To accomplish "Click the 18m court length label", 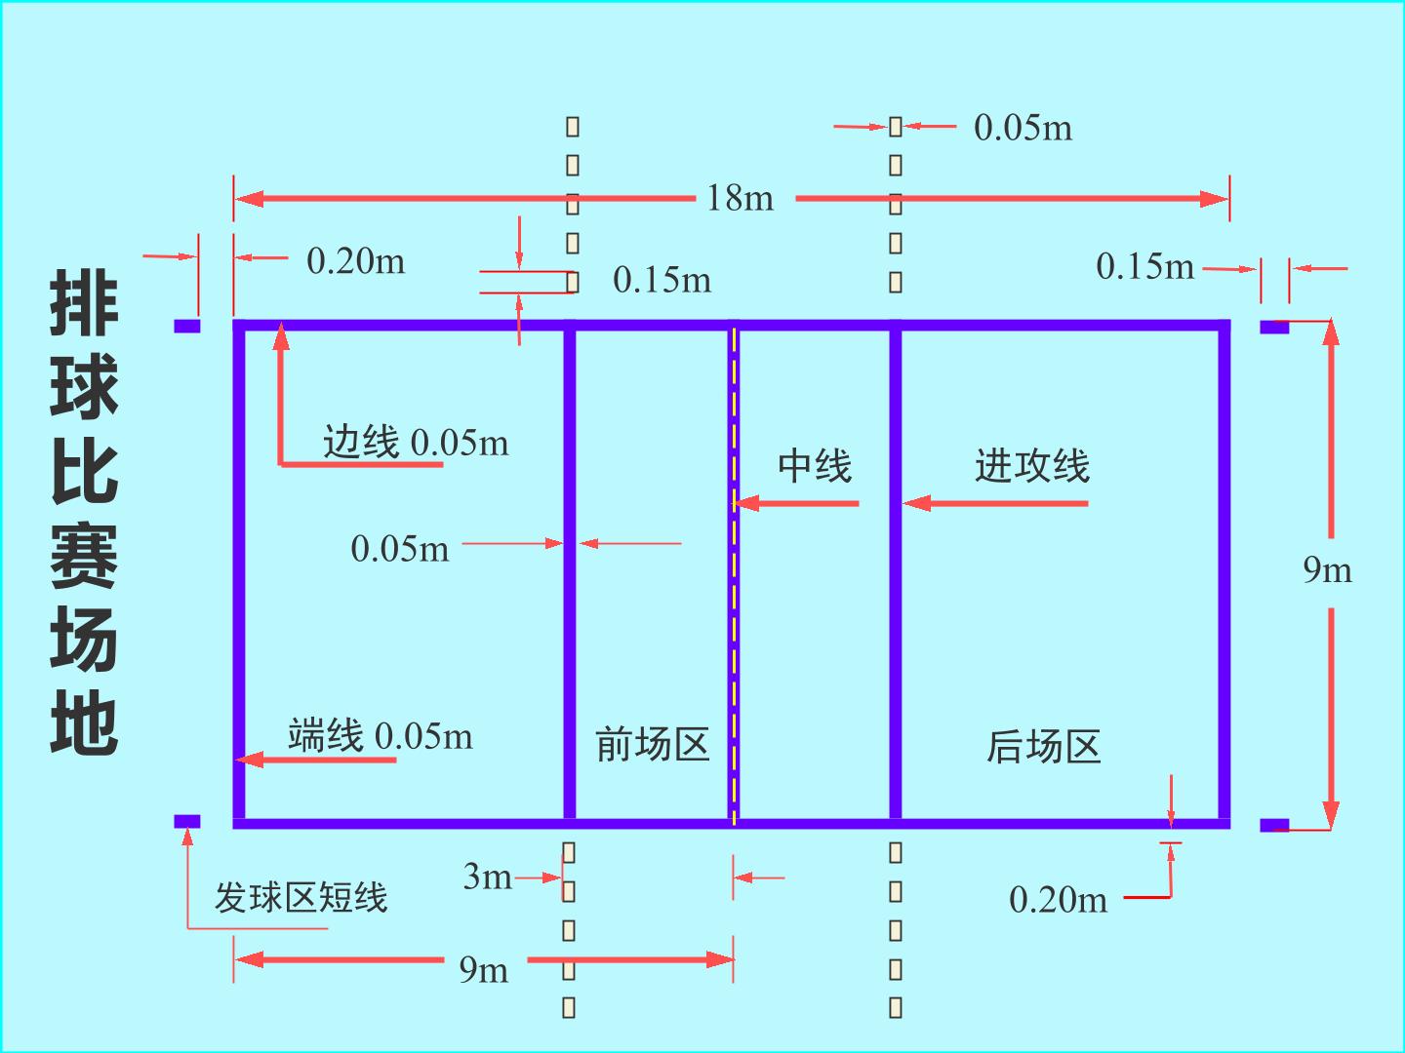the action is tap(741, 198).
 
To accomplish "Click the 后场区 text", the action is tap(1043, 746).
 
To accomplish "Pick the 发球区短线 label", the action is tap(301, 897).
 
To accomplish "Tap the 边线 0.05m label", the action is tap(416, 442).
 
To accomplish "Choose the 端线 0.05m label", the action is tap(381, 735).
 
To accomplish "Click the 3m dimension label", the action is tap(488, 877).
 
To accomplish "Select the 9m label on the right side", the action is tap(1328, 569).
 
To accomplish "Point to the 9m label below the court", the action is tap(484, 970).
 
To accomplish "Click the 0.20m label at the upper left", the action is tap(356, 261).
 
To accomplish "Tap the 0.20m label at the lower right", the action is tap(1058, 900).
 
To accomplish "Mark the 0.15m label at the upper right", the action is tap(1145, 266).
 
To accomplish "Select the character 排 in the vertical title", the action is tap(84, 302).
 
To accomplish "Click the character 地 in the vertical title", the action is tap(84, 723).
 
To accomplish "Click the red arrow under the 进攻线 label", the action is tap(996, 503).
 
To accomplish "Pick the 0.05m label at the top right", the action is tap(1023, 127).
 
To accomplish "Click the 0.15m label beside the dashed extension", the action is tap(662, 280).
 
